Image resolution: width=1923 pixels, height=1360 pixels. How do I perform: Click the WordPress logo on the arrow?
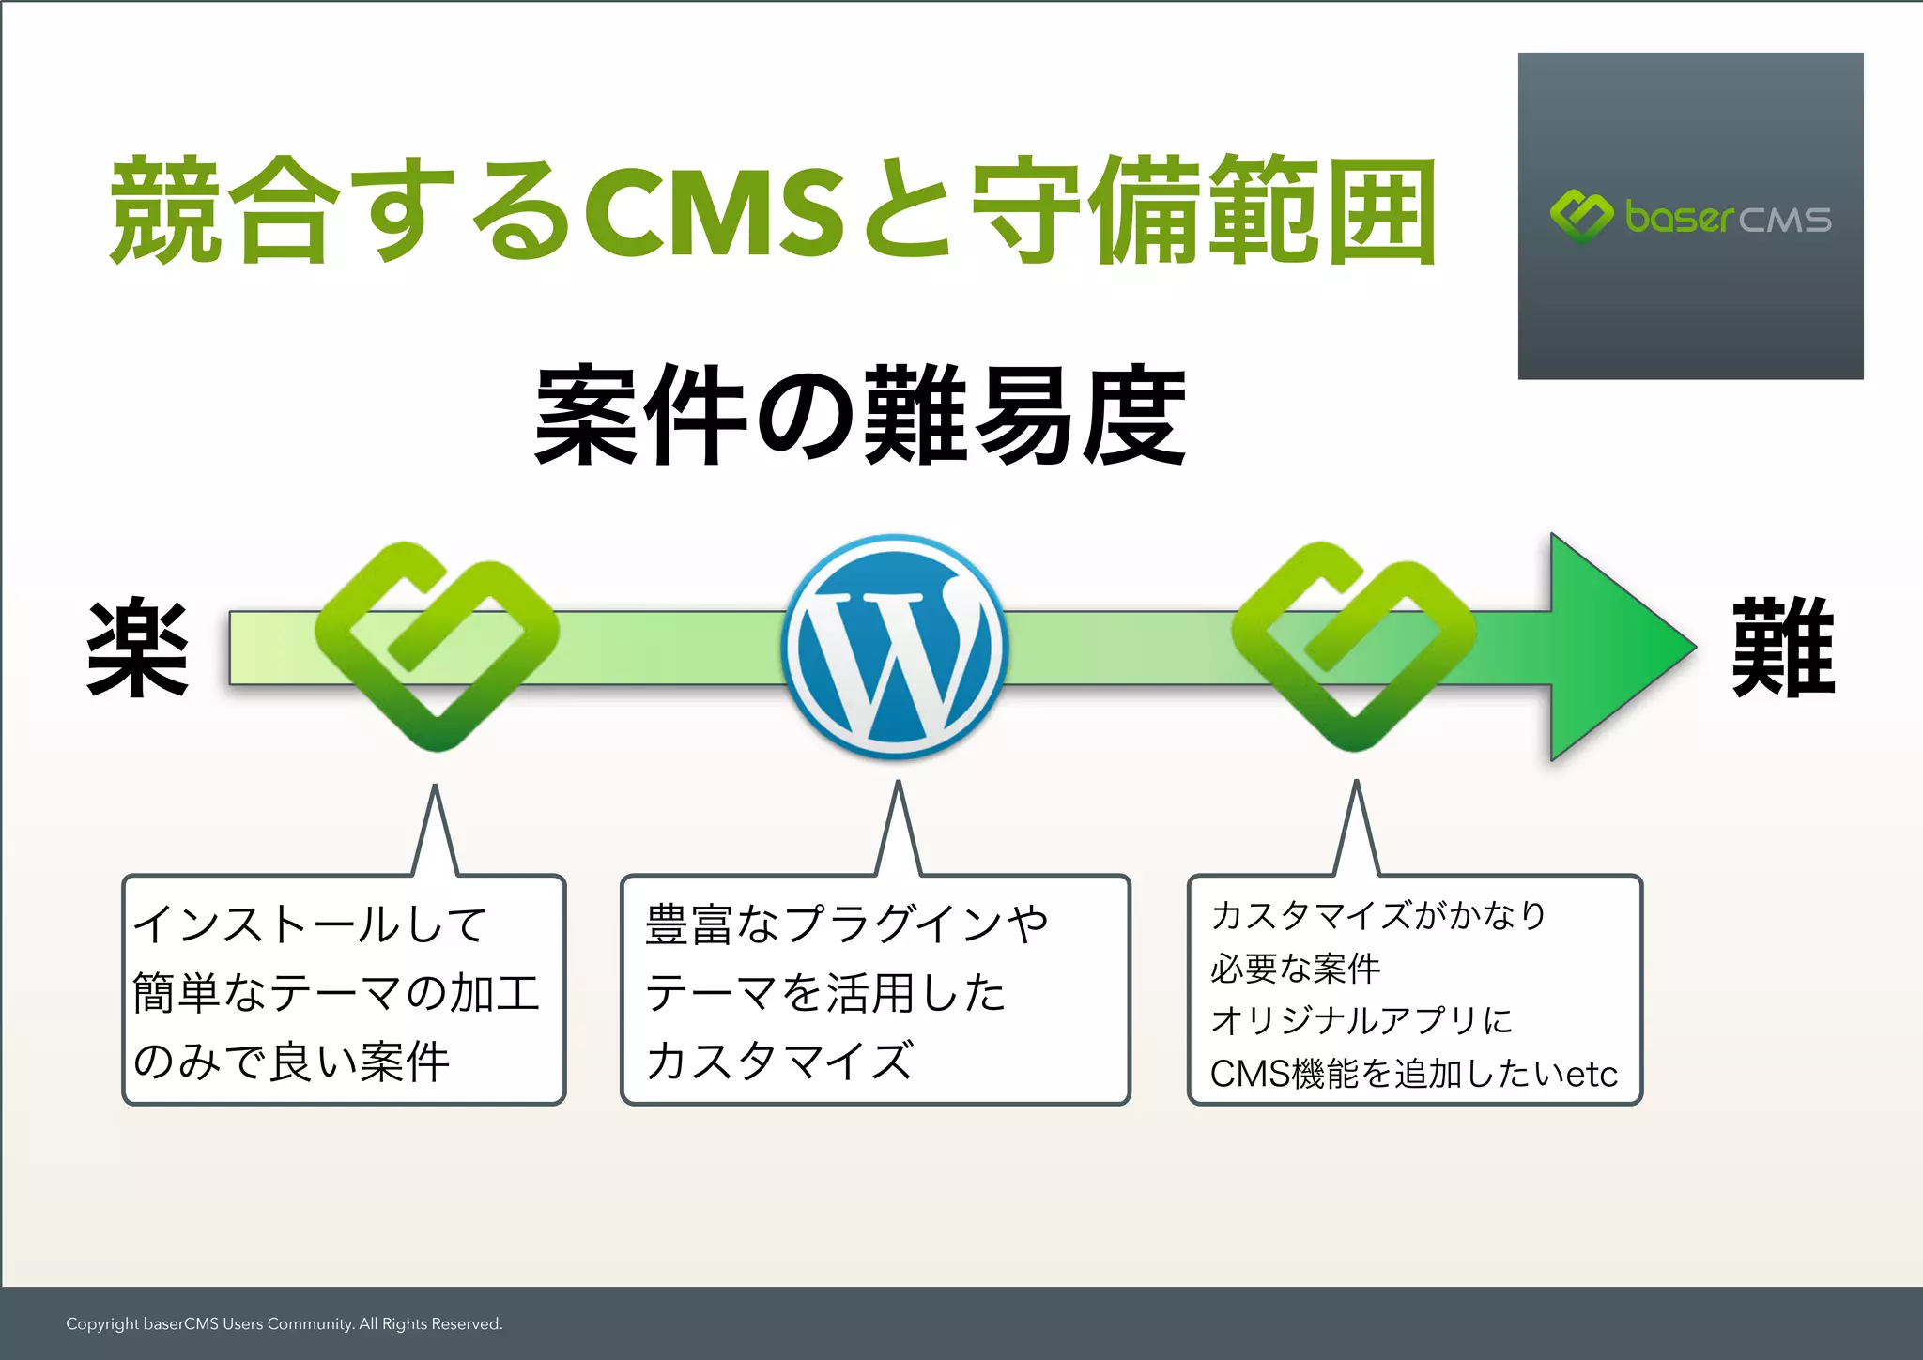[x=895, y=646]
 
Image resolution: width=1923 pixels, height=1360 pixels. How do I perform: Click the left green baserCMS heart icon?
[x=437, y=646]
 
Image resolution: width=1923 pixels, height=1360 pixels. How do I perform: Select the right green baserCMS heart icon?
[x=1353, y=646]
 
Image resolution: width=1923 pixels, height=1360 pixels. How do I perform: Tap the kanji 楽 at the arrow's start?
[x=138, y=648]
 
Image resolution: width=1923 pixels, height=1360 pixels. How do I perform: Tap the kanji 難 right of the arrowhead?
[x=1782, y=648]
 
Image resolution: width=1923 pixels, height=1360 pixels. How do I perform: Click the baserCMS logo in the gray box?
[x=1690, y=217]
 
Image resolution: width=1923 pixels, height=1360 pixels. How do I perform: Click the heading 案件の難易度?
[x=860, y=416]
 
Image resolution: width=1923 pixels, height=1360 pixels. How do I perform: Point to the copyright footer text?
[x=284, y=1323]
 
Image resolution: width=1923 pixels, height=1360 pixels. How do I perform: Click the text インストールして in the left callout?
[x=310, y=924]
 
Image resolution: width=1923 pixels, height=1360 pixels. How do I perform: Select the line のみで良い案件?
[x=291, y=1062]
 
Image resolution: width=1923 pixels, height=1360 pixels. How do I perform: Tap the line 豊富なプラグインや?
[x=846, y=924]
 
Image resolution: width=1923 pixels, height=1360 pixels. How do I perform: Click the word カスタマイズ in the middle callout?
[x=779, y=1062]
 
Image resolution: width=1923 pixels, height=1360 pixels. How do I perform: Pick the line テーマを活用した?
[x=825, y=993]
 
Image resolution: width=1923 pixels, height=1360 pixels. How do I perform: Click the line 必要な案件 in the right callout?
[x=1296, y=969]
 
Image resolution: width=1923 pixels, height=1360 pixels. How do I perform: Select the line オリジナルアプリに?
[x=1361, y=1021]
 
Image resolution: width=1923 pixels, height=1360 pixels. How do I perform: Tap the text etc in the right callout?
[x=1592, y=1074]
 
